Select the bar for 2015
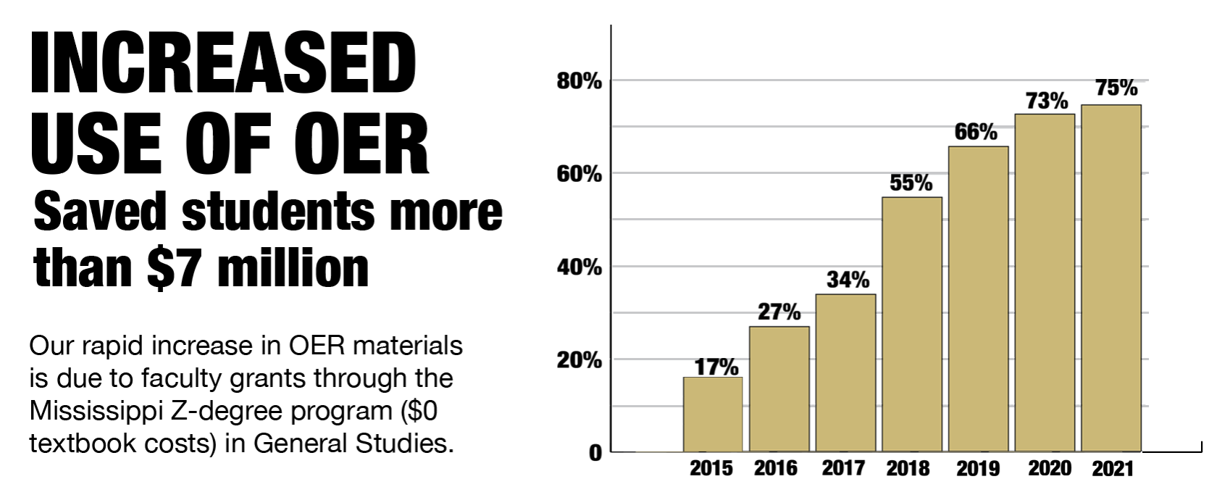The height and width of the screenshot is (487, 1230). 713,415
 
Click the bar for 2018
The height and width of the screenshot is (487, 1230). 912,325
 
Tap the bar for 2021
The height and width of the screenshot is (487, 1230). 1111,278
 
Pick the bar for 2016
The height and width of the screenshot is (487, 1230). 779,389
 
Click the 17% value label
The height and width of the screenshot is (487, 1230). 716,367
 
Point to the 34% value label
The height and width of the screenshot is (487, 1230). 848,280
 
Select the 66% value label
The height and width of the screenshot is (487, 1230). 976,132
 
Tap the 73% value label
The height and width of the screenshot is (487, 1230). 1047,101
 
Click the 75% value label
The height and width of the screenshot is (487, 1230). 1116,88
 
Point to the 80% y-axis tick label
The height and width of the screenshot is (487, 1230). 579,81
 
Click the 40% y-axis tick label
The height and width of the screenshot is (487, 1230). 579,267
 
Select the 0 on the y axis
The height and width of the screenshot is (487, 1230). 595,453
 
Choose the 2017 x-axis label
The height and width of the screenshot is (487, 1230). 842,468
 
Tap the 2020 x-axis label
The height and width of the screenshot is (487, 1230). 1050,468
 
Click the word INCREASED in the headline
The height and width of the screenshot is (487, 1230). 223,64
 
